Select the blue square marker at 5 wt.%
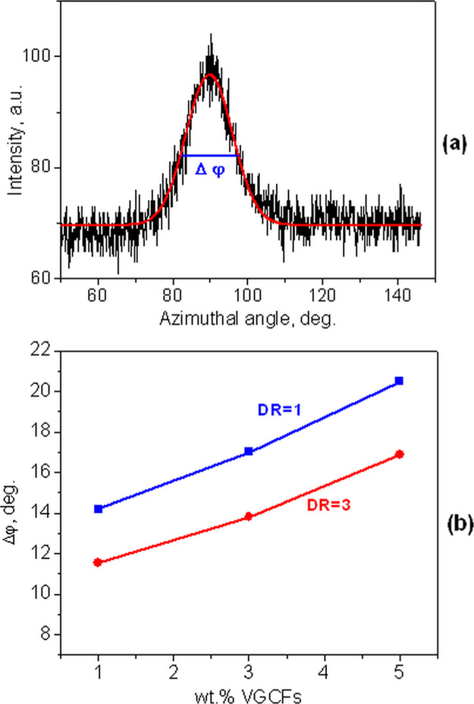pyautogui.click(x=400, y=381)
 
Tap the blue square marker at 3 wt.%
pyautogui.click(x=249, y=451)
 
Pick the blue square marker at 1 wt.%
pyautogui.click(x=99, y=509)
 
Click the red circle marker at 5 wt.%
pyautogui.click(x=400, y=454)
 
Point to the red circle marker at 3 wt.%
pyautogui.click(x=249, y=517)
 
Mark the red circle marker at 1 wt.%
pyautogui.click(x=99, y=562)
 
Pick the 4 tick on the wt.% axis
pyautogui.click(x=325, y=671)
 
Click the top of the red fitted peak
pyautogui.click(x=210, y=74)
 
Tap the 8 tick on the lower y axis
pyautogui.click(x=44, y=635)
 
